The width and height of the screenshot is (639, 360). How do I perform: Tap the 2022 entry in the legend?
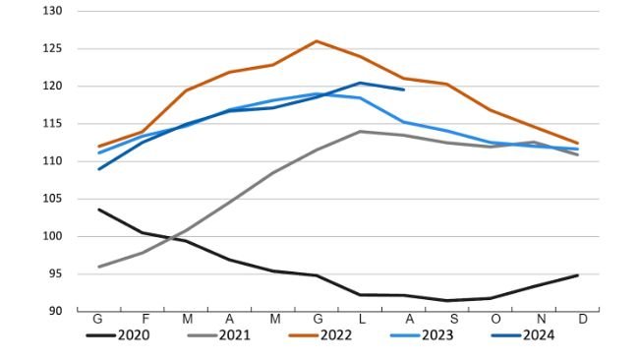point(336,335)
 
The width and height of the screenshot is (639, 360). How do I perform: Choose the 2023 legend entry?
point(437,335)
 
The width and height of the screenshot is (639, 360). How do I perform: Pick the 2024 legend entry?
point(538,335)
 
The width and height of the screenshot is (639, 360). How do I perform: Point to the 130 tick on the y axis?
point(53,11)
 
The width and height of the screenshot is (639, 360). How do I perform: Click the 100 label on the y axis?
point(53,236)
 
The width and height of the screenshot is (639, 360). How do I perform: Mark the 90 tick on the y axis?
point(56,311)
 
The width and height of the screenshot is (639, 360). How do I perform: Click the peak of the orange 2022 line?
point(316,41)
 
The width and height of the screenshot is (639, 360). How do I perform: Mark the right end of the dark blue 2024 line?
point(403,90)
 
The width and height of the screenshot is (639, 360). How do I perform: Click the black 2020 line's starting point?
point(98,209)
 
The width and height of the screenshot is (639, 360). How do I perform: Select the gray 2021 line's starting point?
point(98,267)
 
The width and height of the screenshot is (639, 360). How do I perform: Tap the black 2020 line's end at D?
point(577,275)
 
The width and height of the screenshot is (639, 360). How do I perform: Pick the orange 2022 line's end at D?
point(577,143)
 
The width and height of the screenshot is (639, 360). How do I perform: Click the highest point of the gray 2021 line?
point(360,131)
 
